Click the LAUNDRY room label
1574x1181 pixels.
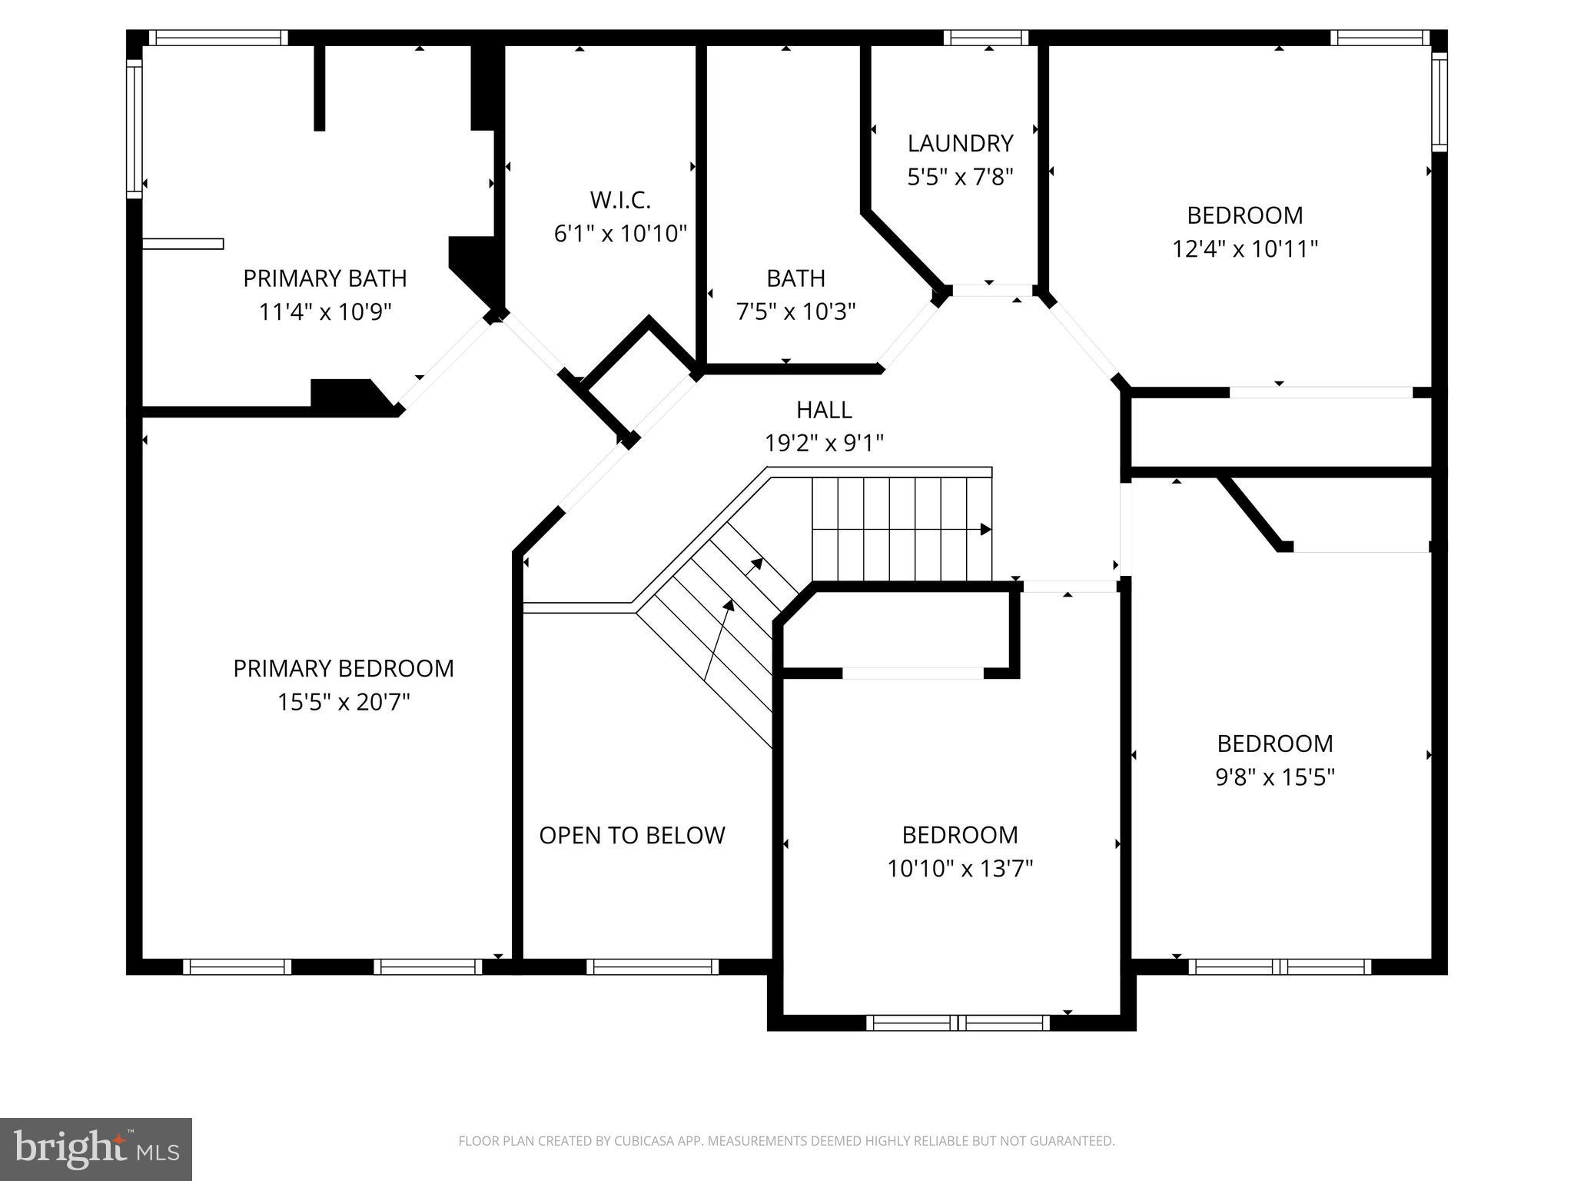[960, 143]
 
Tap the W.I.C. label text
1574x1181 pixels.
[620, 200]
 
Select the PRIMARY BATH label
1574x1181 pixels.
[324, 278]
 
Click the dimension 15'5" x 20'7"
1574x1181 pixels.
[344, 702]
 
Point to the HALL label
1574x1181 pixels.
[824, 410]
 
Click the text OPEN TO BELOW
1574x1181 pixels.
[632, 835]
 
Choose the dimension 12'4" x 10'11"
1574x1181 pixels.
[1244, 249]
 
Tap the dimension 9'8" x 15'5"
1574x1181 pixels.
[1274, 777]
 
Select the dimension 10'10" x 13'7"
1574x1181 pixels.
[959, 869]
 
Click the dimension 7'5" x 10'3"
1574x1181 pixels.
[795, 311]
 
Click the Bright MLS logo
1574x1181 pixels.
[95, 1149]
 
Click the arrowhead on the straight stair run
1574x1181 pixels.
[985, 530]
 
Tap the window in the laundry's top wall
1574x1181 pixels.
[985, 38]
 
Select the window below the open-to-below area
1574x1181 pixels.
[652, 966]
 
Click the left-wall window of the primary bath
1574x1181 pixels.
[134, 128]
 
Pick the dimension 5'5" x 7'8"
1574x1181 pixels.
[960, 178]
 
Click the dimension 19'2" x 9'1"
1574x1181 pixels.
[824, 443]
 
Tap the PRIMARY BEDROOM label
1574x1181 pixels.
[344, 668]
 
